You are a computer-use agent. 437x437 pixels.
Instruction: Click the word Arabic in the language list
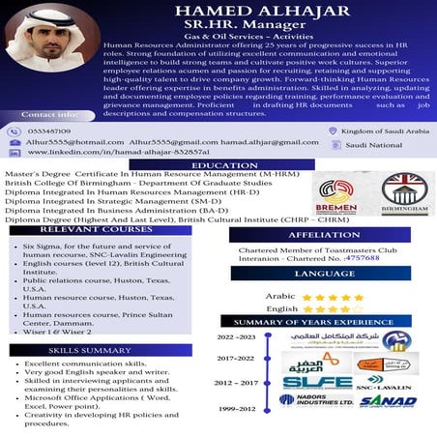(280, 297)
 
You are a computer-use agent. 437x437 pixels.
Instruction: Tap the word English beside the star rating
(281, 309)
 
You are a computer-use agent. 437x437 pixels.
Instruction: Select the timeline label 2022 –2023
(236, 337)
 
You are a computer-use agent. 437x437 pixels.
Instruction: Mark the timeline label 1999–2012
(236, 409)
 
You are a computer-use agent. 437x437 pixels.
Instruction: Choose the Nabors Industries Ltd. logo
(316, 399)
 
